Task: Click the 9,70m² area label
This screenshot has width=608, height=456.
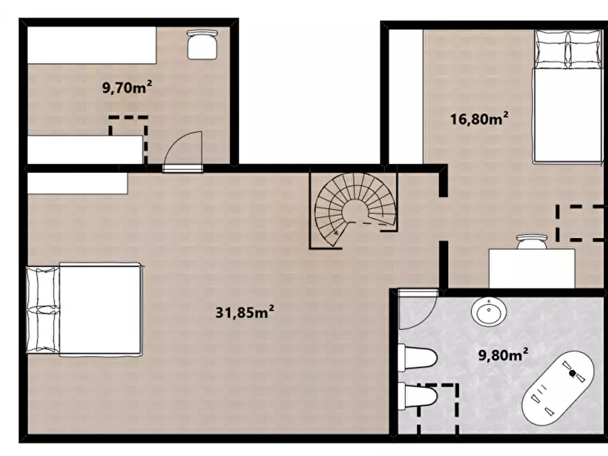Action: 127,87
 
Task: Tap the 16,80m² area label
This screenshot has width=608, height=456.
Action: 479,118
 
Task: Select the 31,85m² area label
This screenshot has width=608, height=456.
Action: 245,312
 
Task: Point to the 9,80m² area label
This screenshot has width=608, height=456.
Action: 503,355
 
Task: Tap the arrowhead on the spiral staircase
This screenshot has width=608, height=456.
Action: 334,233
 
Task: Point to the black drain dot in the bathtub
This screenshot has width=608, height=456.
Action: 573,373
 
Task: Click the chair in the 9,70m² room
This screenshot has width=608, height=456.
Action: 202,45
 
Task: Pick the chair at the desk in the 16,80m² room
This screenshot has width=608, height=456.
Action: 532,241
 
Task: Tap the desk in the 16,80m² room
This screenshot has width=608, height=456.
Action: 532,268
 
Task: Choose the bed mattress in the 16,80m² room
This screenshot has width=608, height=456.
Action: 568,115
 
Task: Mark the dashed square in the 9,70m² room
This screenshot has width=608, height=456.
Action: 129,140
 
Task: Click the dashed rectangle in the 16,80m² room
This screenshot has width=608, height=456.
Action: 581,223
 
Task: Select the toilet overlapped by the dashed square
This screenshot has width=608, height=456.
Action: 418,396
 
